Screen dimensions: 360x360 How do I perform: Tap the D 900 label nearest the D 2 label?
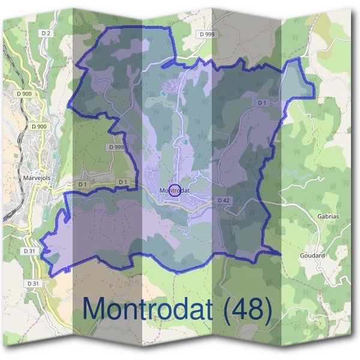25,94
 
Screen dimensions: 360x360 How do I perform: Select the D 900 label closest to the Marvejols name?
39,127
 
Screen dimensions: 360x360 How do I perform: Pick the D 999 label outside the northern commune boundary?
206,34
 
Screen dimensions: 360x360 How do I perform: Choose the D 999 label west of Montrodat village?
116,147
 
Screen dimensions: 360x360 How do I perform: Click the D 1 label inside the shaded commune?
262,103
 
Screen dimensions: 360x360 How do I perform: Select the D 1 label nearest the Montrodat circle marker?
122,182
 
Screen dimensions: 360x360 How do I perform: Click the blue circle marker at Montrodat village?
175,190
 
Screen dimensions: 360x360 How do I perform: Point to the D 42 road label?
224,200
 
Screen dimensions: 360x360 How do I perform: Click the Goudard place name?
312,255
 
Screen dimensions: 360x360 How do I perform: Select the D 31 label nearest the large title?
33,283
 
